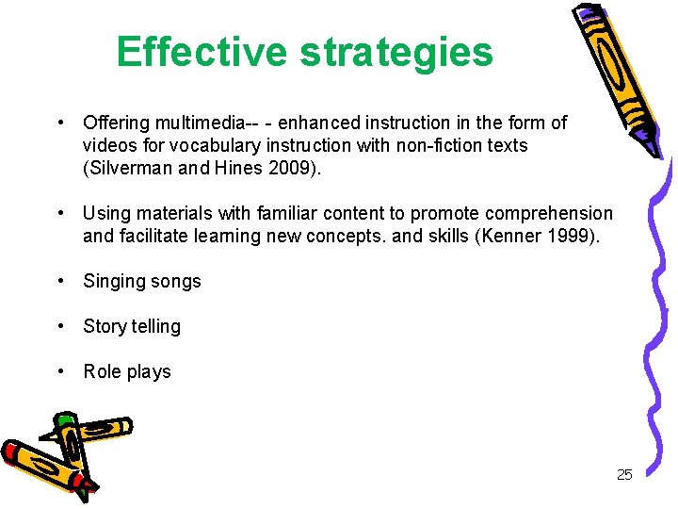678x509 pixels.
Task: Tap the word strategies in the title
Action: coord(396,53)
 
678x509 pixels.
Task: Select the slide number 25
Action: coord(624,474)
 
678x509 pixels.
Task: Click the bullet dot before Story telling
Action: coord(60,326)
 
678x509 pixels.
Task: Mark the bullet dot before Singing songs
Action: coord(60,281)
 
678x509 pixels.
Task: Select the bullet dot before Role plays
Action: coord(60,371)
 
